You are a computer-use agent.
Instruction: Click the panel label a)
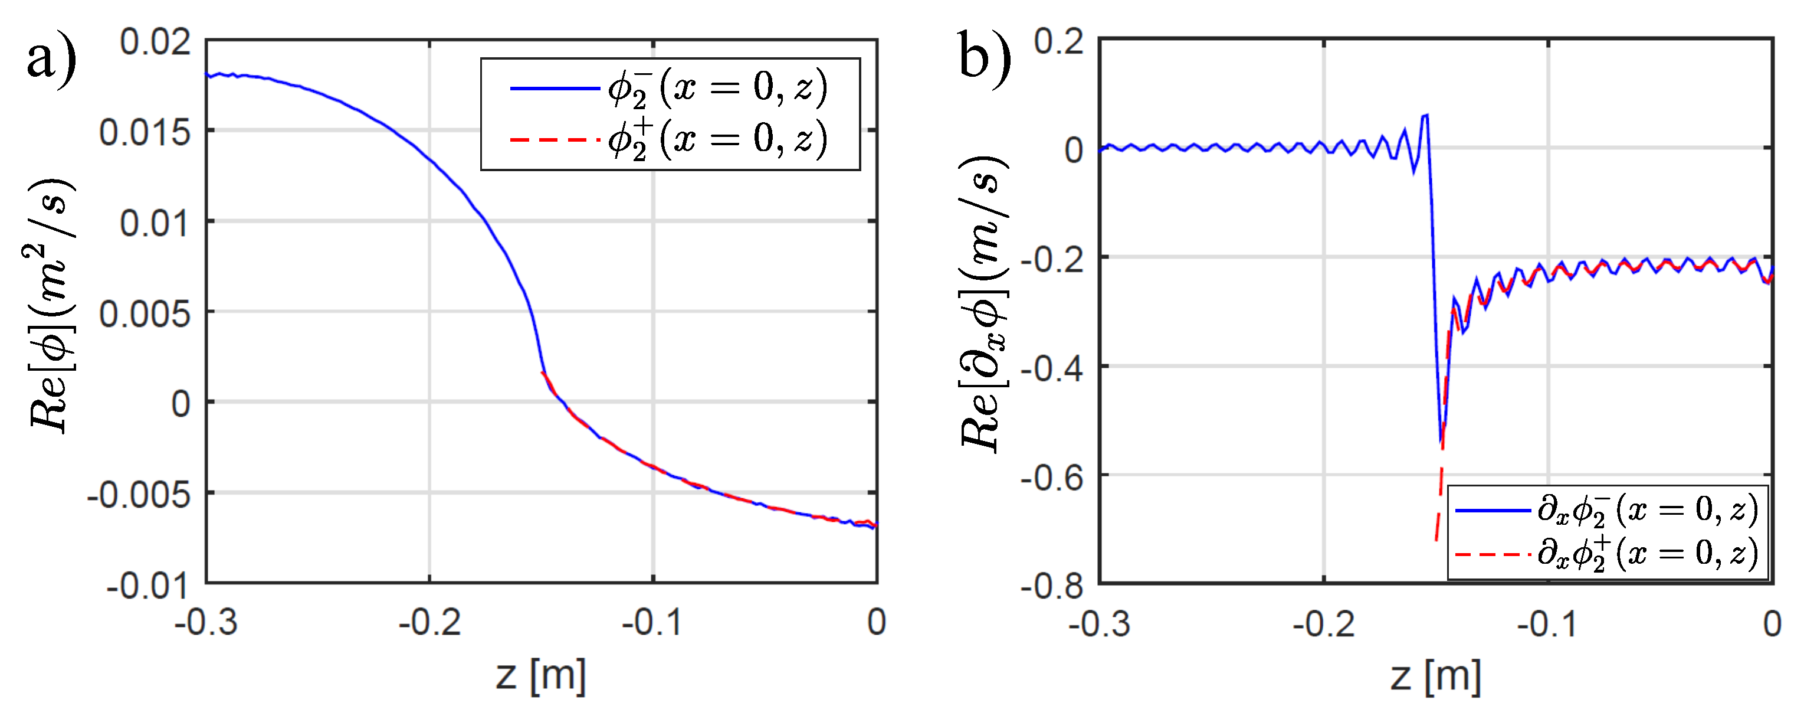click(50, 59)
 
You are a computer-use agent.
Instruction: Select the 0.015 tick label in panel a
click(145, 132)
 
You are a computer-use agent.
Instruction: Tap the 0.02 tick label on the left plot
click(155, 41)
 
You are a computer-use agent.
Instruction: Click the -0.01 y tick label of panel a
click(147, 584)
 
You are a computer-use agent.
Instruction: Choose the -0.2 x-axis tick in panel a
click(429, 622)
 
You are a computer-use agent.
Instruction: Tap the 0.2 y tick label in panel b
click(1059, 41)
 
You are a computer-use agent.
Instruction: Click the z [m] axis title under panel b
click(1436, 677)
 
